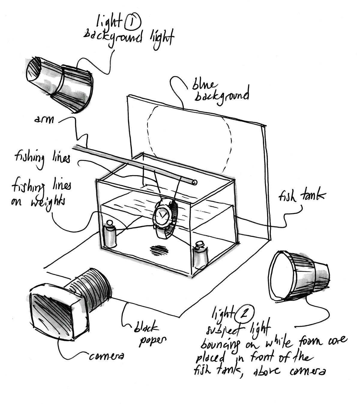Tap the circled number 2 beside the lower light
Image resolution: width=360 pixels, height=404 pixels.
(x=245, y=313)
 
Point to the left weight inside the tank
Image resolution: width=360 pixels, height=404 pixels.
(x=110, y=236)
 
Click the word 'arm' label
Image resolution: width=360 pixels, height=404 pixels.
(x=44, y=120)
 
